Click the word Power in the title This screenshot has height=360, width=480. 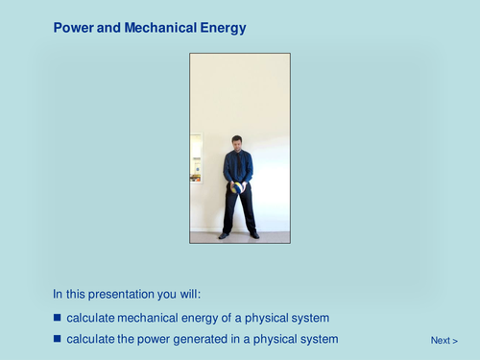(x=72, y=29)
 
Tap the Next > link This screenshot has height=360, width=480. (x=444, y=340)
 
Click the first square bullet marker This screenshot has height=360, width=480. (x=57, y=317)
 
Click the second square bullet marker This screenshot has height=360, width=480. (x=57, y=338)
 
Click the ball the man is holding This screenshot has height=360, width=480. (x=234, y=188)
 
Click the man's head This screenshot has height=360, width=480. (x=237, y=142)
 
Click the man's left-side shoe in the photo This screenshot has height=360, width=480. (x=224, y=235)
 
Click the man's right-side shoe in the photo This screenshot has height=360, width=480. (x=254, y=235)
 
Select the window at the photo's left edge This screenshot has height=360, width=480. (x=196, y=158)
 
